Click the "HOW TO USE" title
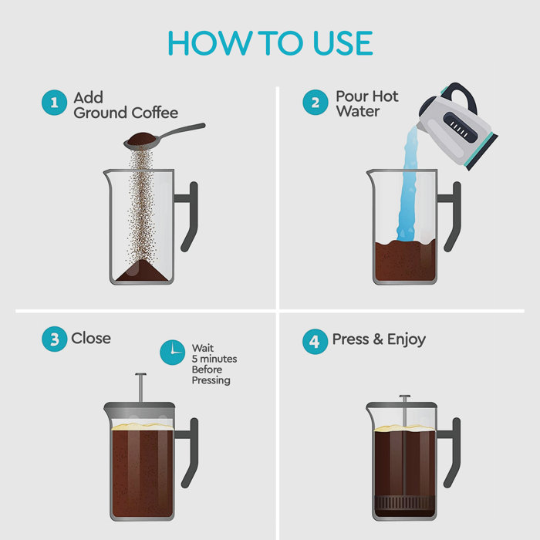point(270,42)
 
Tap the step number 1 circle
point(54,103)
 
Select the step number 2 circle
point(316,103)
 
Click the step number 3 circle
point(54,339)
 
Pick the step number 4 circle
point(316,340)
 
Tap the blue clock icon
point(173,353)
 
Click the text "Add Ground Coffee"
point(125,106)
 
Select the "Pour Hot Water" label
point(367,104)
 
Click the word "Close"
point(91,339)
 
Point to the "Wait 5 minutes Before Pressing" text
point(214,364)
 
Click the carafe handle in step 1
point(189,216)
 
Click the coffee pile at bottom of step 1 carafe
point(140,272)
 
